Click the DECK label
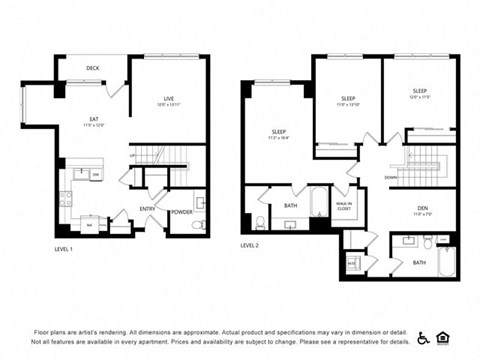92,70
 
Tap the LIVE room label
169,98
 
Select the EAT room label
93,120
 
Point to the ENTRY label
147,209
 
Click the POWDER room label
181,212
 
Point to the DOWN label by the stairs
391,178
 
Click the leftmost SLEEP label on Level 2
277,131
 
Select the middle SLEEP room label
348,98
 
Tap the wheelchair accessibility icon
422,337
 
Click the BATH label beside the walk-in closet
290,206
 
